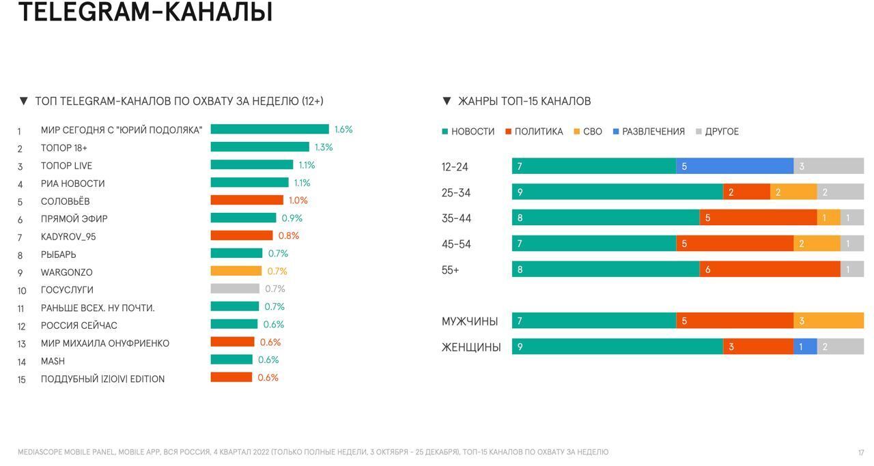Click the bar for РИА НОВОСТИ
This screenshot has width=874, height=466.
pyautogui.click(x=249, y=182)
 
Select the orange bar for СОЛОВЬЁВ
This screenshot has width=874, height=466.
pyautogui.click(x=246, y=200)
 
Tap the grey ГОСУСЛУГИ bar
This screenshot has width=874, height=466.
pyautogui.click(x=235, y=289)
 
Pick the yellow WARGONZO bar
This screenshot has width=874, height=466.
pyautogui.click(x=236, y=271)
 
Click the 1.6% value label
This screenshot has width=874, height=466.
pyautogui.click(x=343, y=130)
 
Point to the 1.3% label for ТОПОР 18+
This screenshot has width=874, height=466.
pyautogui.click(x=324, y=147)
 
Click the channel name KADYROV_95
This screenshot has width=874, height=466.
pyautogui.click(x=68, y=237)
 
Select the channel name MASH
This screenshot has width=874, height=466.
pyautogui.click(x=53, y=361)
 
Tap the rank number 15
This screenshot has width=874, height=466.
pyautogui.click(x=22, y=379)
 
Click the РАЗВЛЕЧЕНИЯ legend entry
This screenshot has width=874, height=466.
pyautogui.click(x=653, y=132)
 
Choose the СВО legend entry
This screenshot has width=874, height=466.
pyautogui.click(x=592, y=132)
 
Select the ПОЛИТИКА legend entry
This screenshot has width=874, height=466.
pyautogui.click(x=538, y=132)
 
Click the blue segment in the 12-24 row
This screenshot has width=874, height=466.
pyautogui.click(x=735, y=166)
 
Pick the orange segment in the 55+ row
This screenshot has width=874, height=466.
pyautogui.click(x=770, y=270)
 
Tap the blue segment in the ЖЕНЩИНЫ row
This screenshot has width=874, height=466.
pyautogui.click(x=805, y=347)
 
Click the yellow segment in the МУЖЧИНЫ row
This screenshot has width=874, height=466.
pyautogui.click(x=828, y=321)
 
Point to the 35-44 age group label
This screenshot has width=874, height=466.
pyautogui.click(x=456, y=218)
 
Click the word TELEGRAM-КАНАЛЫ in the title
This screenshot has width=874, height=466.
pyautogui.click(x=145, y=12)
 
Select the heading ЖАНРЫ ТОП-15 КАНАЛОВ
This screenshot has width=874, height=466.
pyautogui.click(x=524, y=101)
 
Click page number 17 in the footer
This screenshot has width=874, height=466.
pyautogui.click(x=861, y=452)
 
